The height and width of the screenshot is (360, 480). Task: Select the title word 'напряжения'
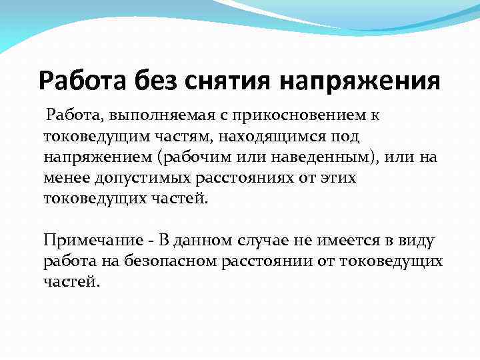(359, 82)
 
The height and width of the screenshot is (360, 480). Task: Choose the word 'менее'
(64, 179)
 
